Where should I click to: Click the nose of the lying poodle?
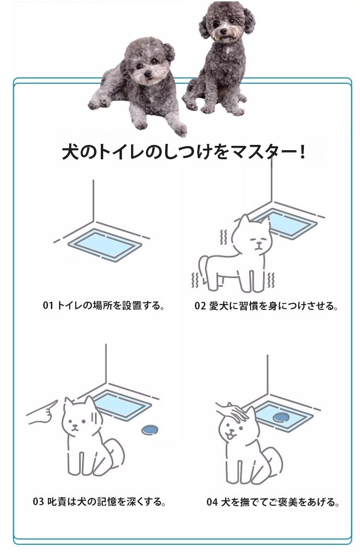(147, 74)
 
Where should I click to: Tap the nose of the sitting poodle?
(223, 31)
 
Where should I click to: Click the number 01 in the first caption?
(48, 306)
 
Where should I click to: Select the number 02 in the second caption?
(200, 306)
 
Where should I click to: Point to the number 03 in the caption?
(38, 501)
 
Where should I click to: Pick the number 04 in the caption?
(212, 502)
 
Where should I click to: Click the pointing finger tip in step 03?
(56, 402)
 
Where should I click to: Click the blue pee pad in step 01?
(105, 244)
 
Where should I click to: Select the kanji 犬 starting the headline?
(70, 152)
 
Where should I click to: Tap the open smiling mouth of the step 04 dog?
(232, 435)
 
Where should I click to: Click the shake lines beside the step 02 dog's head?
(223, 237)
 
